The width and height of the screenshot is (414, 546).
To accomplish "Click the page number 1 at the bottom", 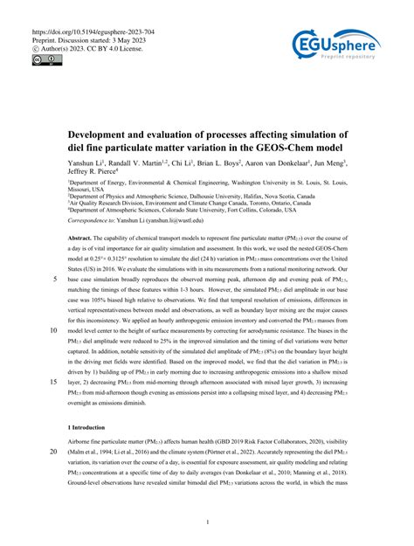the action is click(207, 522).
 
